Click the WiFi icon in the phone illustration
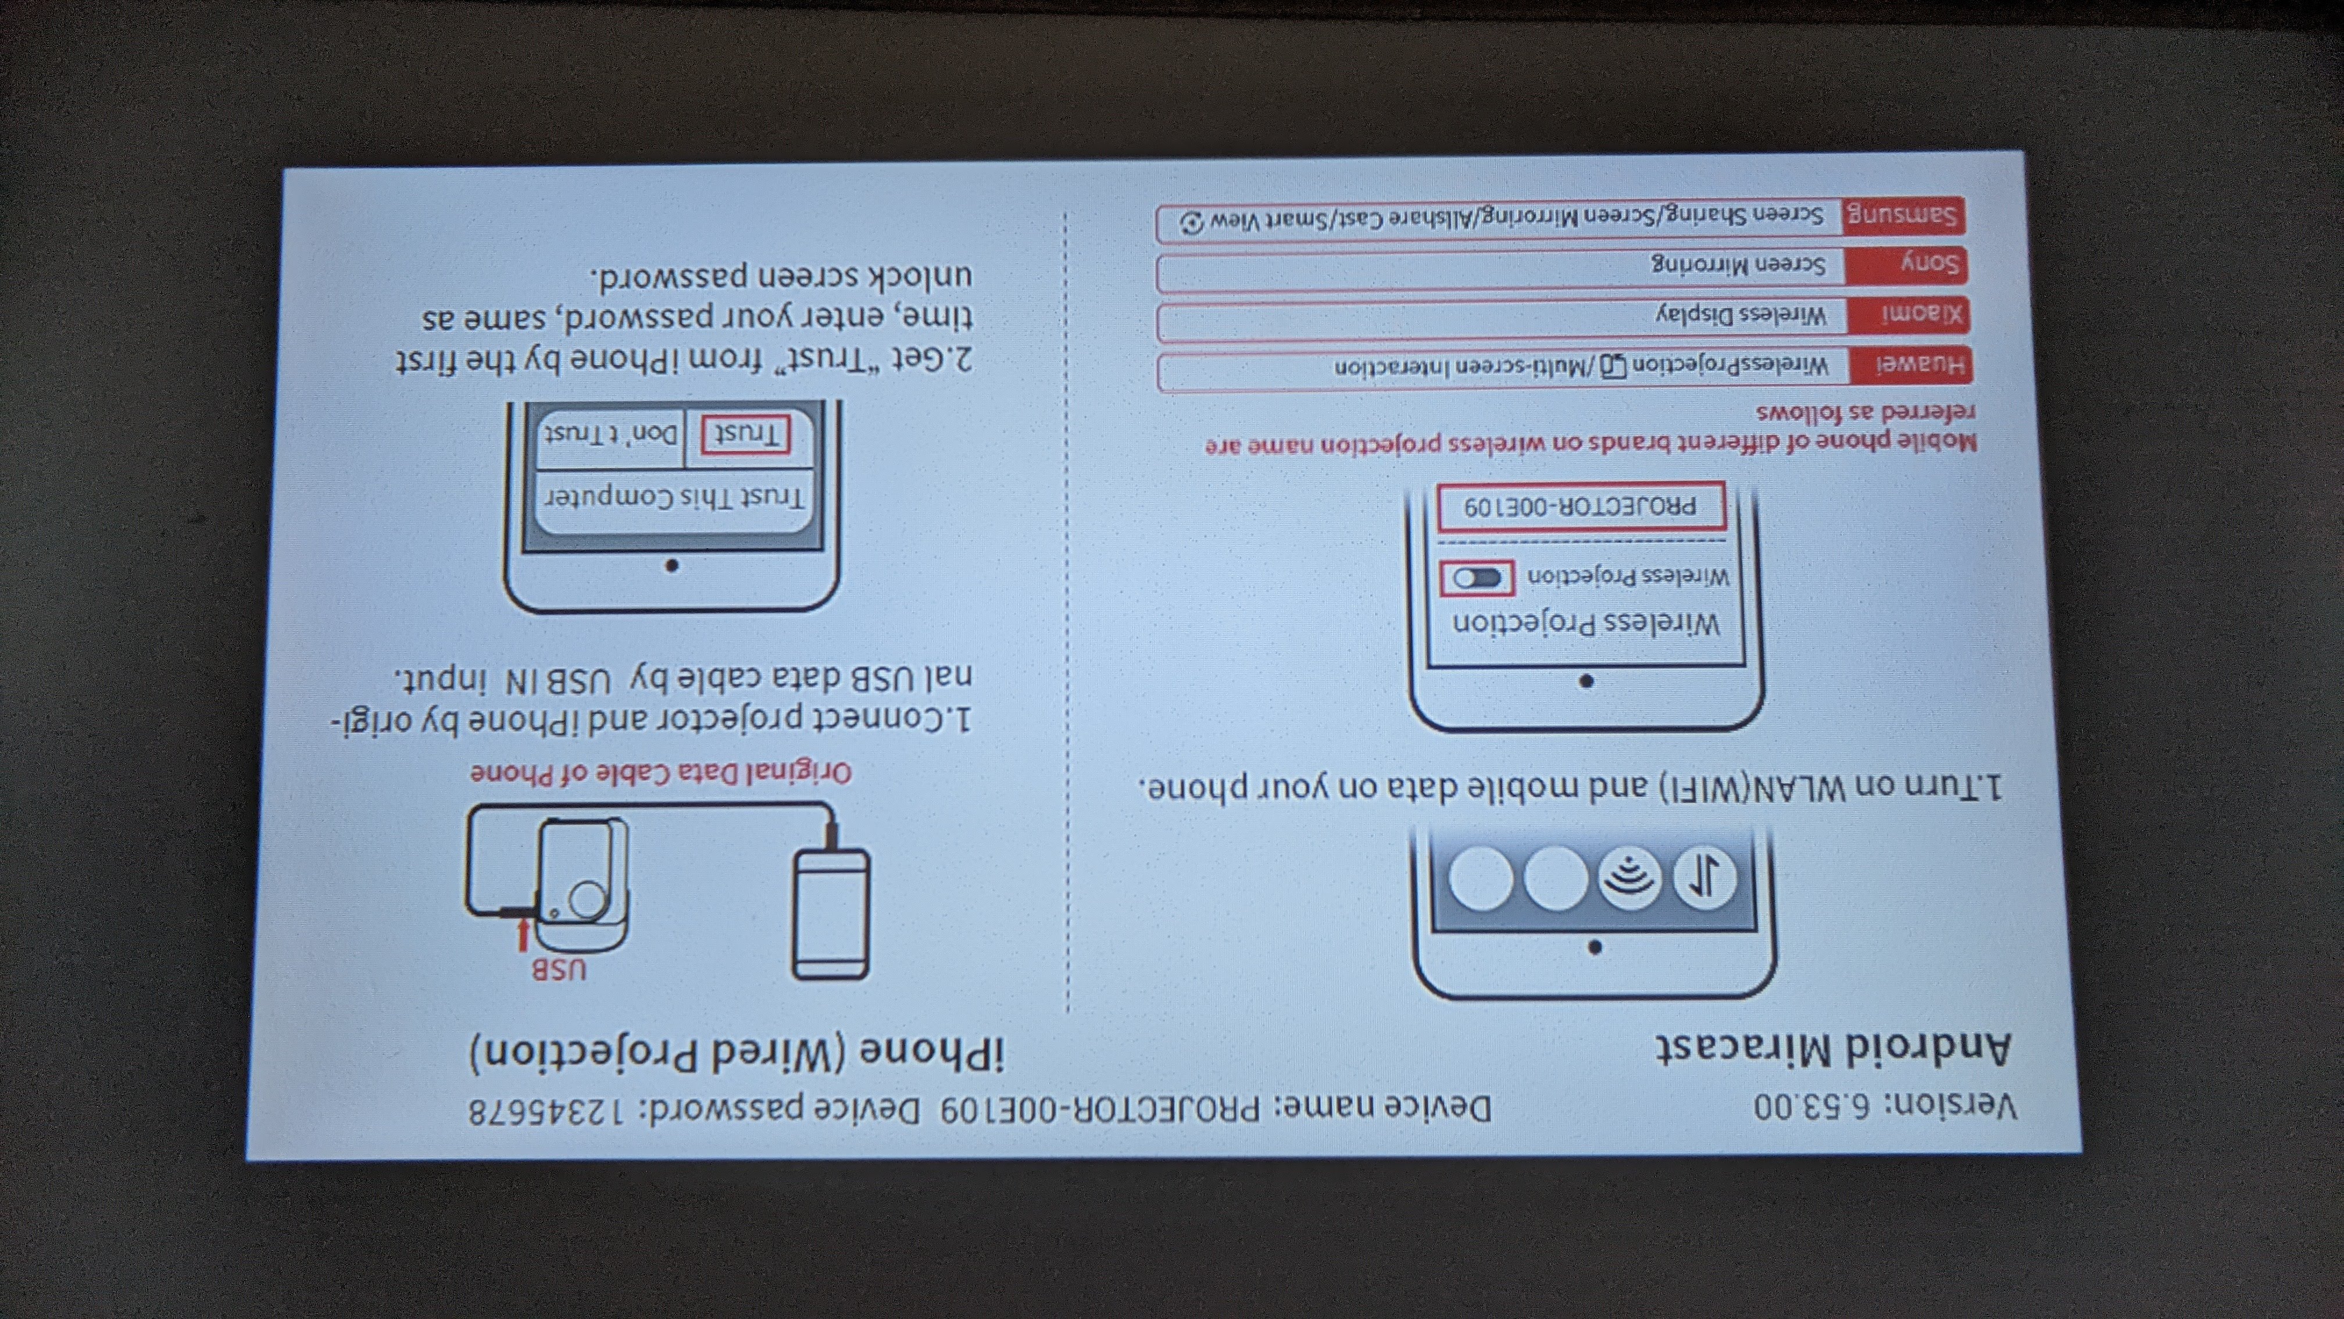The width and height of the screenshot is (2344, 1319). [1629, 878]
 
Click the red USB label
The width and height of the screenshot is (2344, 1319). [559, 969]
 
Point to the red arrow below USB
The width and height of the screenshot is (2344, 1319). [523, 935]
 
